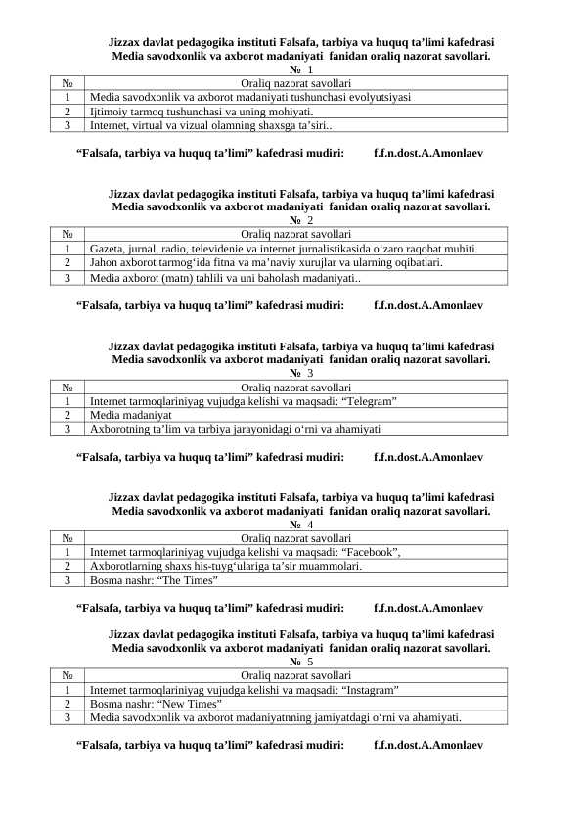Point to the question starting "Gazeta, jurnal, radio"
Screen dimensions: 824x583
(283, 250)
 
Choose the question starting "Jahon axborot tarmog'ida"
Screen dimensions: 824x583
(265, 263)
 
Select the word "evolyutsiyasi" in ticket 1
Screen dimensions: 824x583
(377, 98)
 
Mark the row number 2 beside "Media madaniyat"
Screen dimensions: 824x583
(67, 415)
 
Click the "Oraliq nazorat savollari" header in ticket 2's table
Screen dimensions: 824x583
(295, 235)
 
